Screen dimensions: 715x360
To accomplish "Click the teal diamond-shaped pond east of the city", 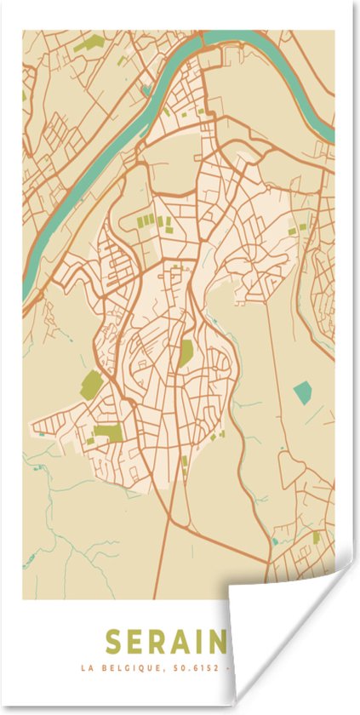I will pos(303,392).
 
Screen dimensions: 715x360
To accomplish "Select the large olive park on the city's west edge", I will pos(91,384).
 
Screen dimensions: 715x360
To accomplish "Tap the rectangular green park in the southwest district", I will pos(108,433).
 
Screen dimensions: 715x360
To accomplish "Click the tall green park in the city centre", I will pos(186,352).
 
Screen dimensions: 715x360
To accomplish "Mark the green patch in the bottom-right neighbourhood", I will pos(317,537).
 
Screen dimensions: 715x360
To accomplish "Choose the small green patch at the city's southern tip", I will pos(185,462).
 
